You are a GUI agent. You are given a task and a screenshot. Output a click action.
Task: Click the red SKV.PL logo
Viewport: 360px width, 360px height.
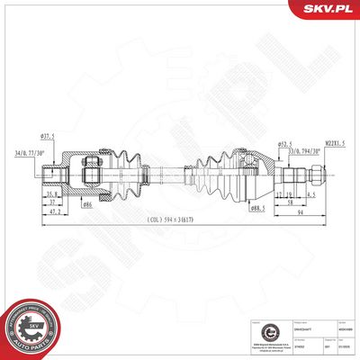(x=327, y=11)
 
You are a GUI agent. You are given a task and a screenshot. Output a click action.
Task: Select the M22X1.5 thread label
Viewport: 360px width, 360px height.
(x=310, y=140)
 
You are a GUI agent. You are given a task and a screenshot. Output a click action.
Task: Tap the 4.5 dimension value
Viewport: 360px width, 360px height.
(x=310, y=193)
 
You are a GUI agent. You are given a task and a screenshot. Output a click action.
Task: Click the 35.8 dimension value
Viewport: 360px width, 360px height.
(x=54, y=193)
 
